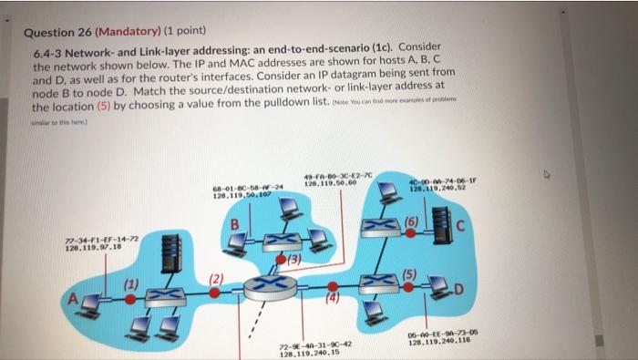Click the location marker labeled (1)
[x=132, y=284]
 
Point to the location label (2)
[x=215, y=279]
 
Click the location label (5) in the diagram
[x=410, y=274]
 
